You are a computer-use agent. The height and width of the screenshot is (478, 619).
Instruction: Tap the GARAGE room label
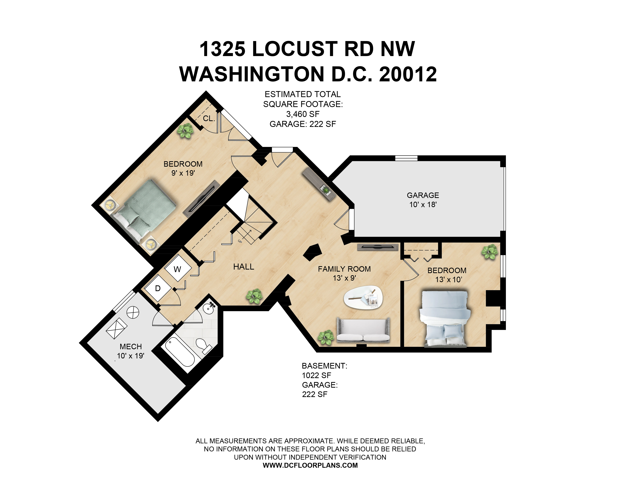tap(423, 195)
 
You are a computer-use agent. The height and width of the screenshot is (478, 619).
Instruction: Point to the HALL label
tap(243, 267)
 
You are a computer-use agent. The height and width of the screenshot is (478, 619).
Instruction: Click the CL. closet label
tap(209, 118)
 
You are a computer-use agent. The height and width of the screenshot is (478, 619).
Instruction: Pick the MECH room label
tap(131, 346)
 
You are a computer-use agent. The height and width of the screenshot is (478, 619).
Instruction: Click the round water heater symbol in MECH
tap(133, 313)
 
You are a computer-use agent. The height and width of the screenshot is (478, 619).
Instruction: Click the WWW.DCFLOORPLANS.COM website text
tap(310, 465)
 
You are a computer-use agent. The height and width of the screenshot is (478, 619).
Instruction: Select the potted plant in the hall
tap(254, 296)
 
